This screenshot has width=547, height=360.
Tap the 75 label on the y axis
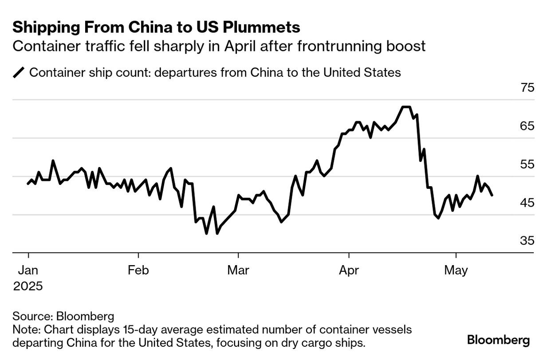pos(527,88)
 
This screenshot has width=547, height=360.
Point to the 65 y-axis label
pos(527,126)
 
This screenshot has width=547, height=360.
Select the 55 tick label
pos(527,164)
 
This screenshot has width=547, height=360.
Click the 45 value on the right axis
pos(527,203)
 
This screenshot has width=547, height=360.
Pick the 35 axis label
pos(527,241)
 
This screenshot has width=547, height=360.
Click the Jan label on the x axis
pos(28,270)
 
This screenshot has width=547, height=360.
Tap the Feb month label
pos(138,270)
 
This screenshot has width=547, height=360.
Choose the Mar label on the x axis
pos(238,270)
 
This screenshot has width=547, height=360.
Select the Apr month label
pos(349,270)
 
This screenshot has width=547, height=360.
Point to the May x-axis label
pos(456,270)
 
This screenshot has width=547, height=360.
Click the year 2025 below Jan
pos(28,286)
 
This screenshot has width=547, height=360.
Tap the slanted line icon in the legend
pos(20,72)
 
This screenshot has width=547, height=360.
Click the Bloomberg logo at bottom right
pos(498,340)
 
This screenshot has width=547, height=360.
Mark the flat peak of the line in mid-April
pos(405,107)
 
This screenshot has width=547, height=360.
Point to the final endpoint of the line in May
pos(492,195)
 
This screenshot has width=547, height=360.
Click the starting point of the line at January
pos(28,184)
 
